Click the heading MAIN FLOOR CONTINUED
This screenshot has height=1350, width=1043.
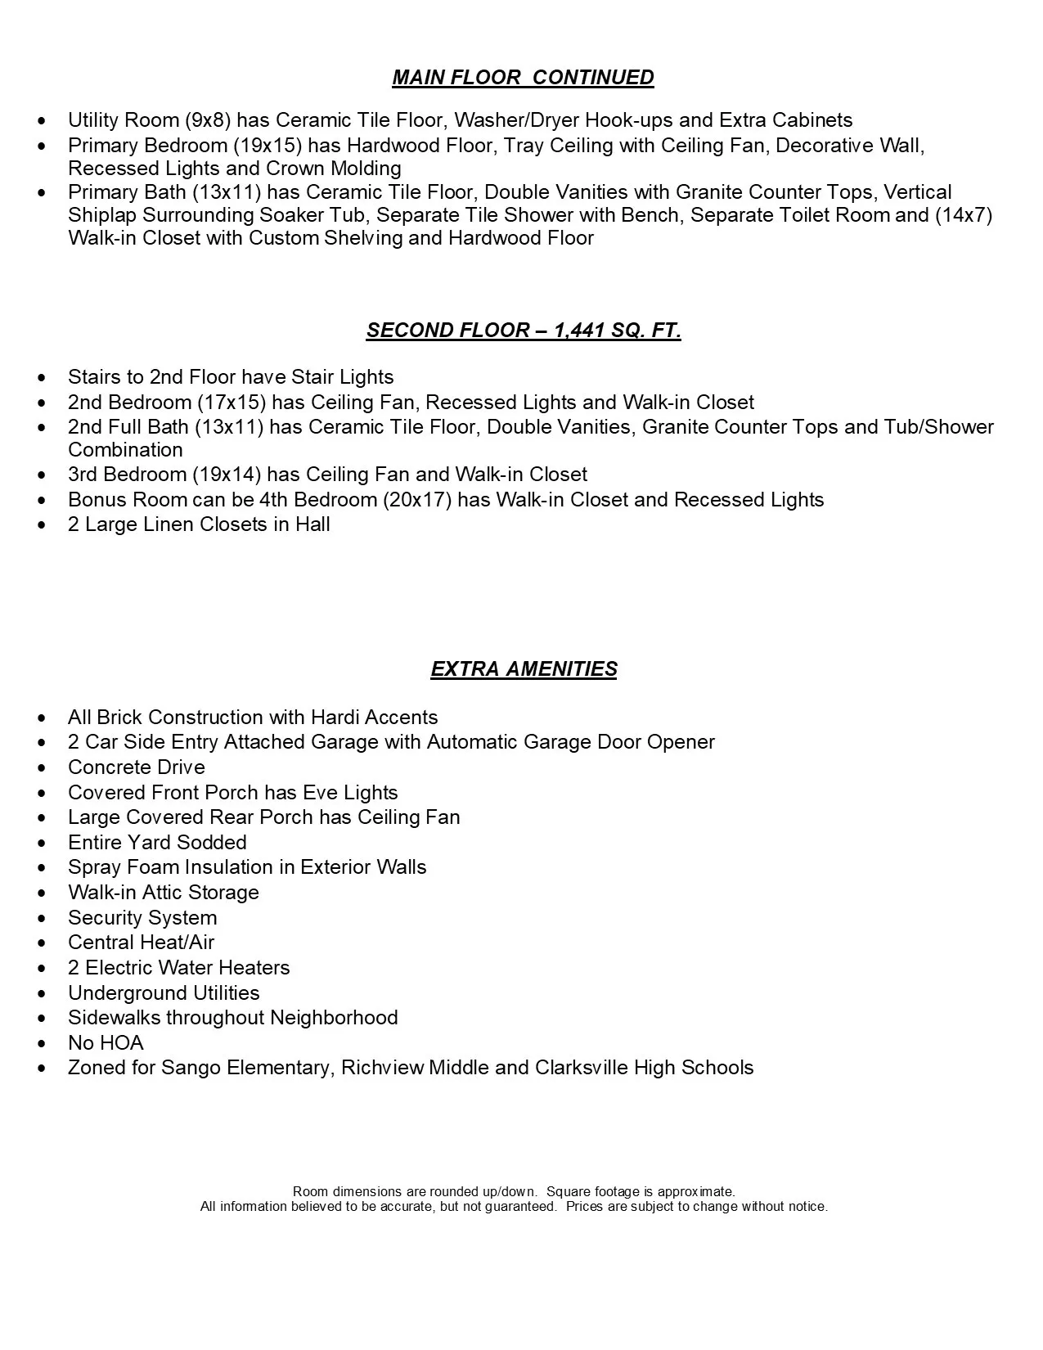(523, 78)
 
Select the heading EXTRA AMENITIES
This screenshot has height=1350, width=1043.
(524, 669)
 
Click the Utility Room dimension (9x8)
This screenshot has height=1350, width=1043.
(207, 120)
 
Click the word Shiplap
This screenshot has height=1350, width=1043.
(102, 215)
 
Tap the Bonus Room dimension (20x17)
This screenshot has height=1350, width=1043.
(417, 500)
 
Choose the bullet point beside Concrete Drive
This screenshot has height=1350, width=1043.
(43, 768)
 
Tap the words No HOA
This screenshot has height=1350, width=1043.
(106, 1043)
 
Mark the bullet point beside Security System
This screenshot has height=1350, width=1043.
(43, 919)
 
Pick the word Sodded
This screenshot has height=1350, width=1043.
(212, 843)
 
